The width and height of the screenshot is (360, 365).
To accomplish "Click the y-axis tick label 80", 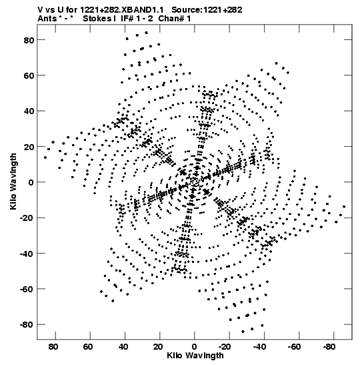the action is point(29,40).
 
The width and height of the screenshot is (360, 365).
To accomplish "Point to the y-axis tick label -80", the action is point(27,324).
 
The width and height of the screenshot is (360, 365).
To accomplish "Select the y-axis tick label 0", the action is point(31,182).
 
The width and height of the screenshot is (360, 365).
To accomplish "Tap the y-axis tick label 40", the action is point(29,111).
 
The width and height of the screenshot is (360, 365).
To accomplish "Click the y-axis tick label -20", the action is point(27,218).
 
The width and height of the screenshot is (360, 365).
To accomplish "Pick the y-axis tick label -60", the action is point(27,289).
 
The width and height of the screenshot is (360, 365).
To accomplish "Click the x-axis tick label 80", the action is point(53,347).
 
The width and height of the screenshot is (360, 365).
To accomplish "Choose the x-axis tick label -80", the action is point(329,347).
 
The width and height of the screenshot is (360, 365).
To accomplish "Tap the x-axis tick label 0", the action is point(194,347).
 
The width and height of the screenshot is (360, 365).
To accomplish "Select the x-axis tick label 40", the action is point(123,347).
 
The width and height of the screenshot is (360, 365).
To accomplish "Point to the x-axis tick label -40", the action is point(259,347).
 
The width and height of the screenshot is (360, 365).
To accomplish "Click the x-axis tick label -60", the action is point(295,347).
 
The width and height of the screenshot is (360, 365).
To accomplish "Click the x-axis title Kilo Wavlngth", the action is point(195,356).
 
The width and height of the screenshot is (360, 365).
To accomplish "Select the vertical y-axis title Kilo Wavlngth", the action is point(13,181).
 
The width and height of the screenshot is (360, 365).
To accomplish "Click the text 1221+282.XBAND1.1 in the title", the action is point(122,10).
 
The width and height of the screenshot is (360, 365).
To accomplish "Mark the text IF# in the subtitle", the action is point(127,19).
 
